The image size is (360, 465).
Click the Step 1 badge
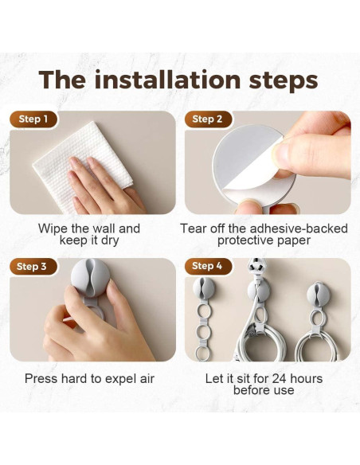tap(33, 119)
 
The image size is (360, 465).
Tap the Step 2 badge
tap(208, 119)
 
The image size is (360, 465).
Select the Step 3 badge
tap(33, 266)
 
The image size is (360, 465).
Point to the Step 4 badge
tap(208, 266)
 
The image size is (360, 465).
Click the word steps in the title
tap(284, 80)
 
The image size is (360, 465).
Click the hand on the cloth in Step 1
tap(104, 186)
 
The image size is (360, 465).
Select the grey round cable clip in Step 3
tap(90, 277)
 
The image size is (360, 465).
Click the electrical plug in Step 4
tap(256, 264)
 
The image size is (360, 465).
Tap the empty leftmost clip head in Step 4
tap(204, 288)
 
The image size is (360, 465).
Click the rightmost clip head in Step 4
tap(319, 292)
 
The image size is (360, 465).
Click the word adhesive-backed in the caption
tap(299, 229)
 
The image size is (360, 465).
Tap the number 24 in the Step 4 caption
tap(279, 379)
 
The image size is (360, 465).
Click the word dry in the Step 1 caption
tap(110, 240)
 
